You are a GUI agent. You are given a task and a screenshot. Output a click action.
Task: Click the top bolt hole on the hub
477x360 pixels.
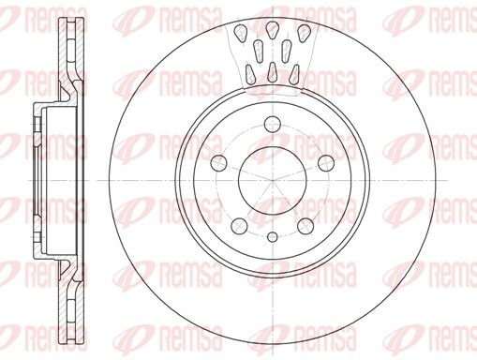tap(273, 124)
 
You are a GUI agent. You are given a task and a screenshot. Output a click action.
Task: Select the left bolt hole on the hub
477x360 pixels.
tap(219, 162)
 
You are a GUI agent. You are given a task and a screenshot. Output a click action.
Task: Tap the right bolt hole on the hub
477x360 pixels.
tap(326, 162)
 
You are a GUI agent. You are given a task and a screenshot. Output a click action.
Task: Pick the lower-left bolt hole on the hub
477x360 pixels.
tap(240, 226)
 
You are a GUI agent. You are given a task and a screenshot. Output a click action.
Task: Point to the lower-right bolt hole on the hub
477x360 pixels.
tap(306, 226)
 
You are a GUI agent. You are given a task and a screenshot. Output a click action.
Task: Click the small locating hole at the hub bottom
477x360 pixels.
tap(273, 237)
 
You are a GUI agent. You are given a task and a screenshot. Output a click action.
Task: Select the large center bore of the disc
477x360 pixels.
tap(273, 181)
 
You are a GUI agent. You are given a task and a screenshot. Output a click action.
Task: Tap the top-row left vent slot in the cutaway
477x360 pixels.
tap(241, 33)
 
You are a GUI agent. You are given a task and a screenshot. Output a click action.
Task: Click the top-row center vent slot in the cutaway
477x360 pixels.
tap(273, 30)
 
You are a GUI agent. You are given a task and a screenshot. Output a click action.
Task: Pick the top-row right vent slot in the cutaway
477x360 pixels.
tap(304, 33)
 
